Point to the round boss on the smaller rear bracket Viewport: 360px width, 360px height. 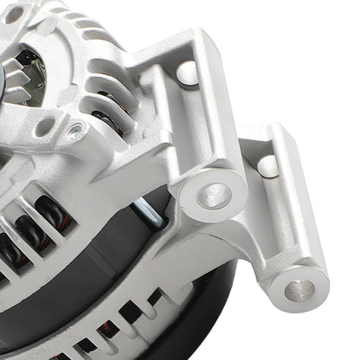click(x=268, y=164)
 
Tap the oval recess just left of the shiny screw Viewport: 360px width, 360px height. click(x=43, y=127)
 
